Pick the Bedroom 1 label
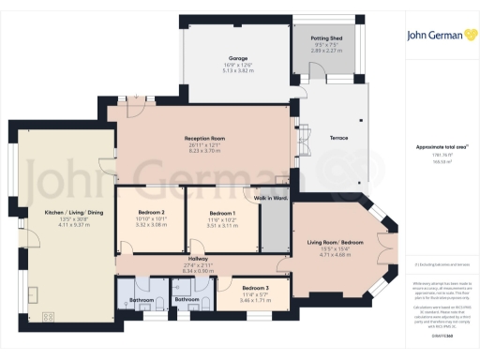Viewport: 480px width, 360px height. point(222,213)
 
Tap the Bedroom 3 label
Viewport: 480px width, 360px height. point(255,287)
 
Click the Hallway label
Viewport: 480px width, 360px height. point(198,258)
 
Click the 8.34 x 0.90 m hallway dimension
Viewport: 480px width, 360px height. point(198,272)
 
